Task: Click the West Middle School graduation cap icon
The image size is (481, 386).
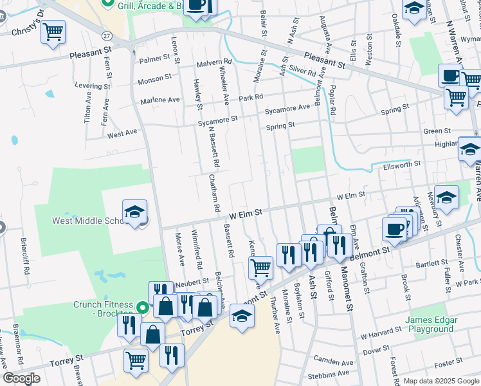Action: point(134,212)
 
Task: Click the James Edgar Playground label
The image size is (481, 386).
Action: point(431,324)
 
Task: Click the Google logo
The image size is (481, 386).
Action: point(21,378)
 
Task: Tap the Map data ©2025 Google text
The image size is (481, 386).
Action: point(441,381)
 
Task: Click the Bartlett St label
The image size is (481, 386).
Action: point(431,263)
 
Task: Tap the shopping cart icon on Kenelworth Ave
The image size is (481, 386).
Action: point(261,266)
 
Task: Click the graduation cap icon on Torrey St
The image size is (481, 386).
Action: point(242,317)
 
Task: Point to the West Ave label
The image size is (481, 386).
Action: point(123,134)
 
